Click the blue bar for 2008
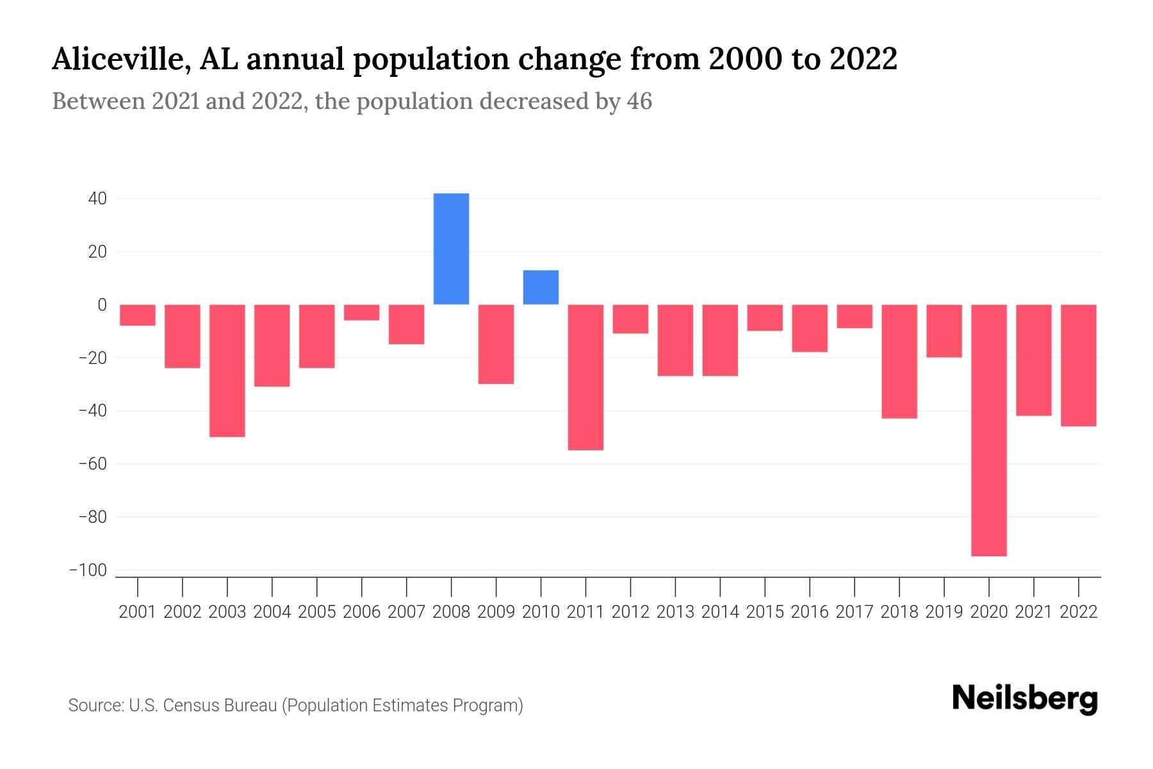pos(451,249)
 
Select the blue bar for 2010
pos(541,287)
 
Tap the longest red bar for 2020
pos(988,430)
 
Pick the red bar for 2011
pos(585,377)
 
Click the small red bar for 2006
pos(361,312)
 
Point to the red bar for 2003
pos(227,370)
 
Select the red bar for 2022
pos(1078,365)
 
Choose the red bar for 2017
pos(855,317)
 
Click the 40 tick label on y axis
pos(97,199)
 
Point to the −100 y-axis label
pos(88,570)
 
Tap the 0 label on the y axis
pos(102,305)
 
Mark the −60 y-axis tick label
pos(92,463)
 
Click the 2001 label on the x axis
pos(138,612)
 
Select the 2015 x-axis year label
pos(765,612)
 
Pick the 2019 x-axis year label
pos(944,612)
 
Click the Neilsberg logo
pos(1024,699)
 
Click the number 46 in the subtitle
pos(639,101)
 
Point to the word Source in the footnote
pos(95,706)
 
